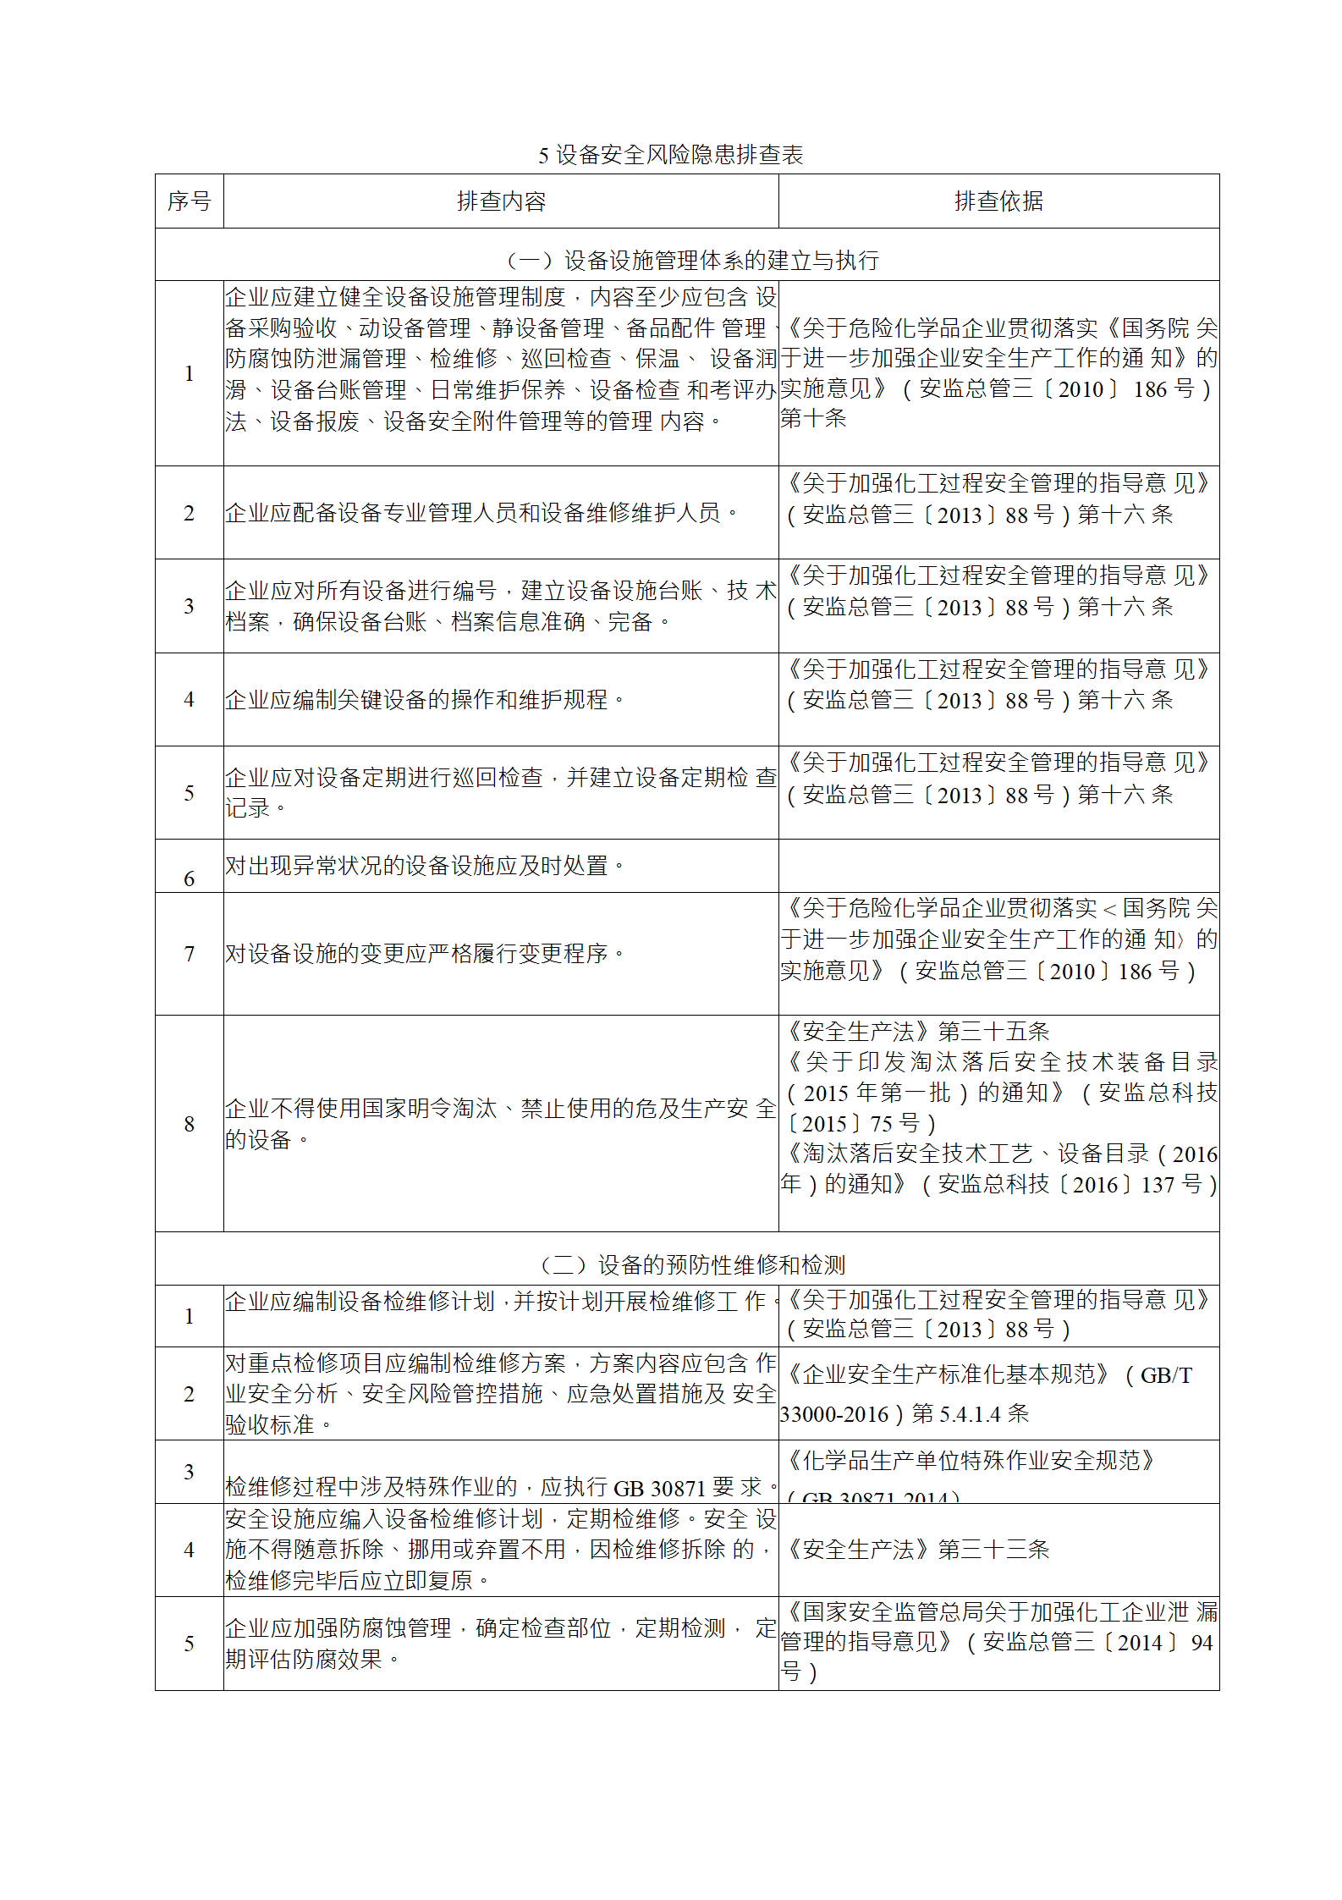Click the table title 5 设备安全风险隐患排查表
click(670, 155)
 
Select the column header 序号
click(189, 201)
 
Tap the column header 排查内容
click(501, 201)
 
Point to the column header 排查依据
click(998, 201)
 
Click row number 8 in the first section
click(189, 1124)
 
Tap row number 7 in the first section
click(189, 954)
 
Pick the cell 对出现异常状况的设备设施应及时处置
click(424, 866)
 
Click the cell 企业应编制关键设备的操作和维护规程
click(424, 700)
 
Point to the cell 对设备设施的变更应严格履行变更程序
click(424, 954)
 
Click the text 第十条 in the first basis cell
click(813, 419)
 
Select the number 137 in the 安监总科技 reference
click(1158, 1185)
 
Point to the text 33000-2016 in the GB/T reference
click(834, 1414)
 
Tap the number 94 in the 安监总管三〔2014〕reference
click(1202, 1643)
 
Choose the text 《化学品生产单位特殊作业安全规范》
click(970, 1461)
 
